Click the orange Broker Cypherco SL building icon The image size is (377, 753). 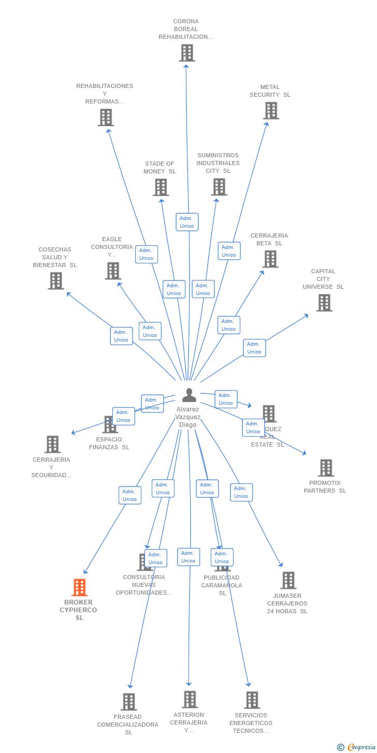point(79,587)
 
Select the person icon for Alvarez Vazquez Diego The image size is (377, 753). point(189,395)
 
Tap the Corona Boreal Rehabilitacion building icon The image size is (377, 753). point(187,53)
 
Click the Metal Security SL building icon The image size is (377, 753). point(271,111)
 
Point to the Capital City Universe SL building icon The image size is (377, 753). point(324,303)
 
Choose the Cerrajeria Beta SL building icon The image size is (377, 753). point(270,259)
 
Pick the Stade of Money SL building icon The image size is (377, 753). point(161,187)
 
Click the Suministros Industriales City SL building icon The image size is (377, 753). point(219,187)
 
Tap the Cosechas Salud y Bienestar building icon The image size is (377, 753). point(56,281)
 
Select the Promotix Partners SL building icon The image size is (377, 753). point(326,468)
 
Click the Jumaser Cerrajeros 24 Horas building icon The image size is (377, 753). point(288,580)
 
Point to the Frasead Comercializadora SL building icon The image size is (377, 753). point(129,702)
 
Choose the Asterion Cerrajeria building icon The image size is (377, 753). point(190,699)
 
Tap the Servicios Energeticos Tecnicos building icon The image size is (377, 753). point(252,700)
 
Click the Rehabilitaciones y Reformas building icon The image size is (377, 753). point(106,117)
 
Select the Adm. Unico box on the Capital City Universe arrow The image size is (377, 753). point(254,348)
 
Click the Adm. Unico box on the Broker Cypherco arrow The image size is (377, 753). point(129,495)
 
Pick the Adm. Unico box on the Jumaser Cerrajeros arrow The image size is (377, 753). point(241,492)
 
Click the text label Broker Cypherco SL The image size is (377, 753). point(79,610)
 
